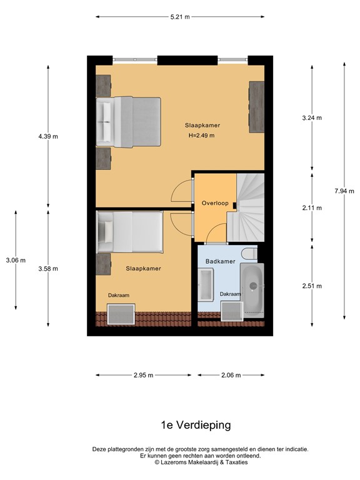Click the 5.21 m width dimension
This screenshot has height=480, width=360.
pos(180,17)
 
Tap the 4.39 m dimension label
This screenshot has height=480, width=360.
pos(47,136)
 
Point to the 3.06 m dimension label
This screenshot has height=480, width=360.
pos(15,260)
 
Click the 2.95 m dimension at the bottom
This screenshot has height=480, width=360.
pos(143,376)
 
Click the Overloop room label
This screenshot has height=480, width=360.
pos(214,203)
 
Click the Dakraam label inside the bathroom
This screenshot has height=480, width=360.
pos(230,294)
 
